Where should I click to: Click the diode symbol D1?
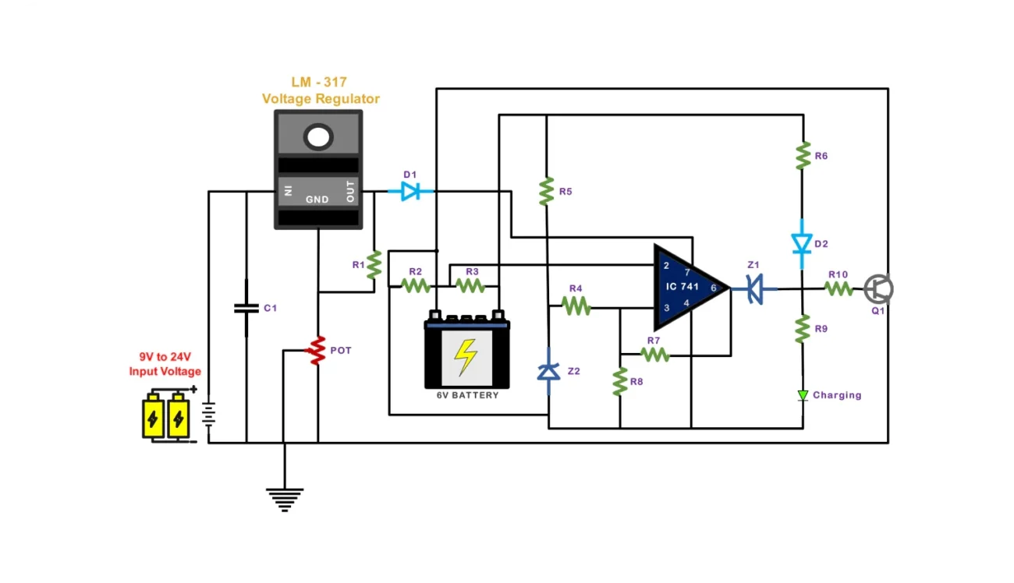pos(410,191)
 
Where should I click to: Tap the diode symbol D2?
pos(802,244)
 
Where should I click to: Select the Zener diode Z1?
pos(753,289)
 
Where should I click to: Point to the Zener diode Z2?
pos(549,372)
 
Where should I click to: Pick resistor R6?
pos(802,156)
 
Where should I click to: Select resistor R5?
pos(547,191)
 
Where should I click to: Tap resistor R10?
pos(839,288)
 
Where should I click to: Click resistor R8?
pos(620,382)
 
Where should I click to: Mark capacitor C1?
pos(246,309)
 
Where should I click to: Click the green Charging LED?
pos(803,395)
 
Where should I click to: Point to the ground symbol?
pos(285,499)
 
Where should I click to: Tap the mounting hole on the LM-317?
pos(318,137)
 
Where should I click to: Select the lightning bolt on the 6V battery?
pos(466,358)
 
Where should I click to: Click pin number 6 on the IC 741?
pos(713,288)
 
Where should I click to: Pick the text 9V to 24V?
pos(165,358)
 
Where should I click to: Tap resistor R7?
pos(655,355)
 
